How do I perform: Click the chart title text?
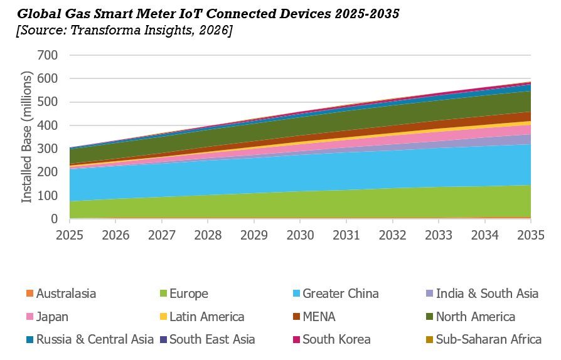coord(207,13)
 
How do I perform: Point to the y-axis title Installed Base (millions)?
coord(27,137)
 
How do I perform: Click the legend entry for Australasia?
coord(66,294)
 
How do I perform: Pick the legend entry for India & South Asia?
coord(487,294)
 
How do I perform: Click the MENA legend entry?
coord(319,317)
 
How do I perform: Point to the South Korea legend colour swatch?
coord(296,339)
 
